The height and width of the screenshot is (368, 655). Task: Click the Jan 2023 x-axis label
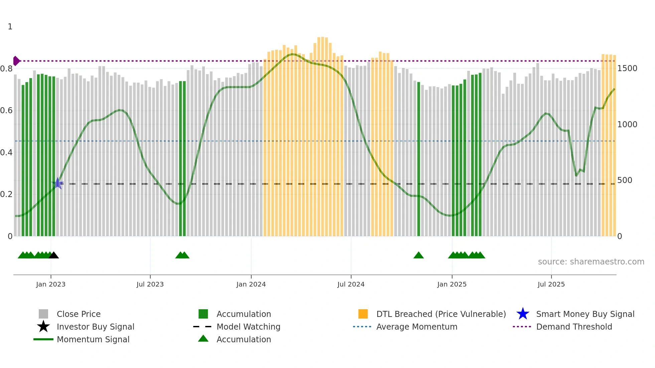point(51,284)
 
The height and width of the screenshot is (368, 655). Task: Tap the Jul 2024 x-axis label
point(351,284)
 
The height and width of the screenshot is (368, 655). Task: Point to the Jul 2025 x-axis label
point(551,284)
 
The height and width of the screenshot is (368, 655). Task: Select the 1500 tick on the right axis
point(627,68)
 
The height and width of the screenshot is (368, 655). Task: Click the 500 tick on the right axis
point(625,180)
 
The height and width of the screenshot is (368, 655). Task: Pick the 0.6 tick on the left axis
point(6,111)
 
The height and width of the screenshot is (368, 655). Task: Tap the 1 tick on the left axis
point(10,27)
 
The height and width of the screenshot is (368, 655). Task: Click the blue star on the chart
point(57,183)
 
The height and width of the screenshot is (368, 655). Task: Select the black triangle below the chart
point(54,255)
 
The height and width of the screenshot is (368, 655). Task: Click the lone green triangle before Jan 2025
point(418,255)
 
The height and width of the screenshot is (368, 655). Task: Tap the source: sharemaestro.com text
point(591,262)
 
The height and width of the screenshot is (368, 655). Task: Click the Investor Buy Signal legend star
point(43,327)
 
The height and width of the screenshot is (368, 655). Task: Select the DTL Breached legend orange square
point(363,314)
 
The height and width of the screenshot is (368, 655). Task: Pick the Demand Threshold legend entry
point(574,327)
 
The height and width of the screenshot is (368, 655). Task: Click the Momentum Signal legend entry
point(93,339)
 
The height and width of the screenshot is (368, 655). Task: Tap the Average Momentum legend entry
point(416,327)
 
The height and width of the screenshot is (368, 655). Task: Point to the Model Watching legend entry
point(248,327)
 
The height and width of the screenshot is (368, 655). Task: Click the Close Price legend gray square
point(43,314)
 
